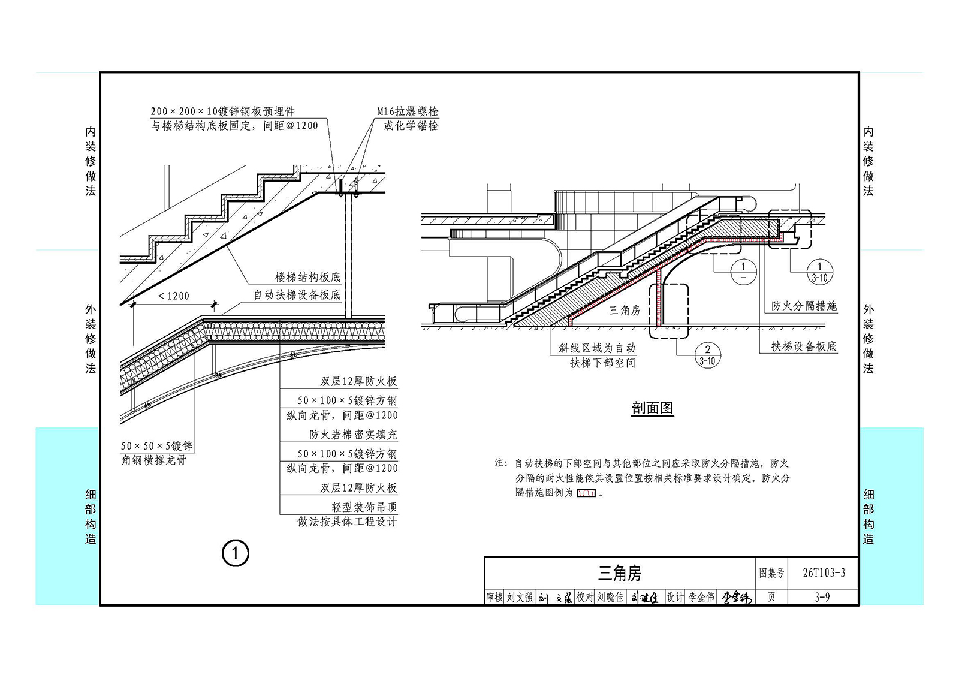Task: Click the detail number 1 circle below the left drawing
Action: tap(235, 553)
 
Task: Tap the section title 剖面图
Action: tap(653, 408)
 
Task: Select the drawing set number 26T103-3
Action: tap(824, 572)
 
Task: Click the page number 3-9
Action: tap(822, 597)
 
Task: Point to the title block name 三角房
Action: tap(620, 573)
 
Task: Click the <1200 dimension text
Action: tap(173, 296)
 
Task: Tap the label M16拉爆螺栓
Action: tap(408, 112)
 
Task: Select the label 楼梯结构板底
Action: tap(307, 277)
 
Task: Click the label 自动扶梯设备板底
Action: tap(297, 295)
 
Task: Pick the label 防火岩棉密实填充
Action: tap(353, 435)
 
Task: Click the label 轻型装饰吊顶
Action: tap(364, 507)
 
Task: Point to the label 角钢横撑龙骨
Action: tap(153, 460)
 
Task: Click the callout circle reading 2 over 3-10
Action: tap(707, 355)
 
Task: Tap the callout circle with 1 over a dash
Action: tap(743, 272)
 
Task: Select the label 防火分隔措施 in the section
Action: tap(804, 306)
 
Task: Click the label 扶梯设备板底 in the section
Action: tap(804, 346)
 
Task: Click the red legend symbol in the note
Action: tap(586, 493)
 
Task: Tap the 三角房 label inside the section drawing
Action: tap(624, 310)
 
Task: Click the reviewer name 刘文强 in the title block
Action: tap(520, 597)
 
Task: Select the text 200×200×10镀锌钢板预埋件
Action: tap(222, 112)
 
